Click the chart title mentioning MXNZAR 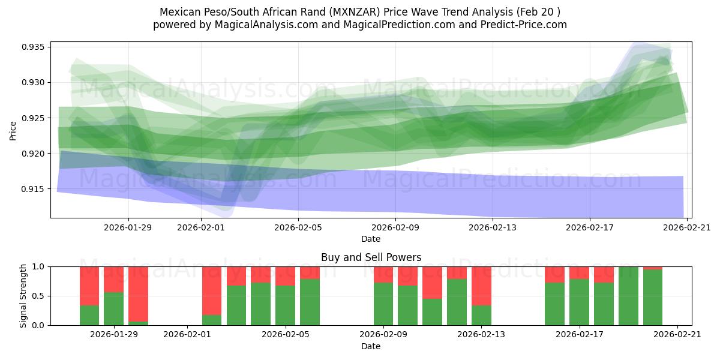pos(360,11)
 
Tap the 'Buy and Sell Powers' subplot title pos(371,257)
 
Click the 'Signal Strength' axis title pos(23,296)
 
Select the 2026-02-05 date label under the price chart pos(298,227)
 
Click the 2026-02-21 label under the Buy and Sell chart pos(677,335)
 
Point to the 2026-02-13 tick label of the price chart pos(492,227)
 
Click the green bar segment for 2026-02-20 pos(653,298)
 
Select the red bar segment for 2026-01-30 pos(138,294)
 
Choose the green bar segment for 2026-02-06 pos(310,302)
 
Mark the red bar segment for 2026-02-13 pos(481,286)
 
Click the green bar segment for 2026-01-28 pos(89,315)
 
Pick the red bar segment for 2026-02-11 pos(432,282)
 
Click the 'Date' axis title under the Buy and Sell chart pos(371,346)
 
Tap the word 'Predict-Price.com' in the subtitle pos(527,25)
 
